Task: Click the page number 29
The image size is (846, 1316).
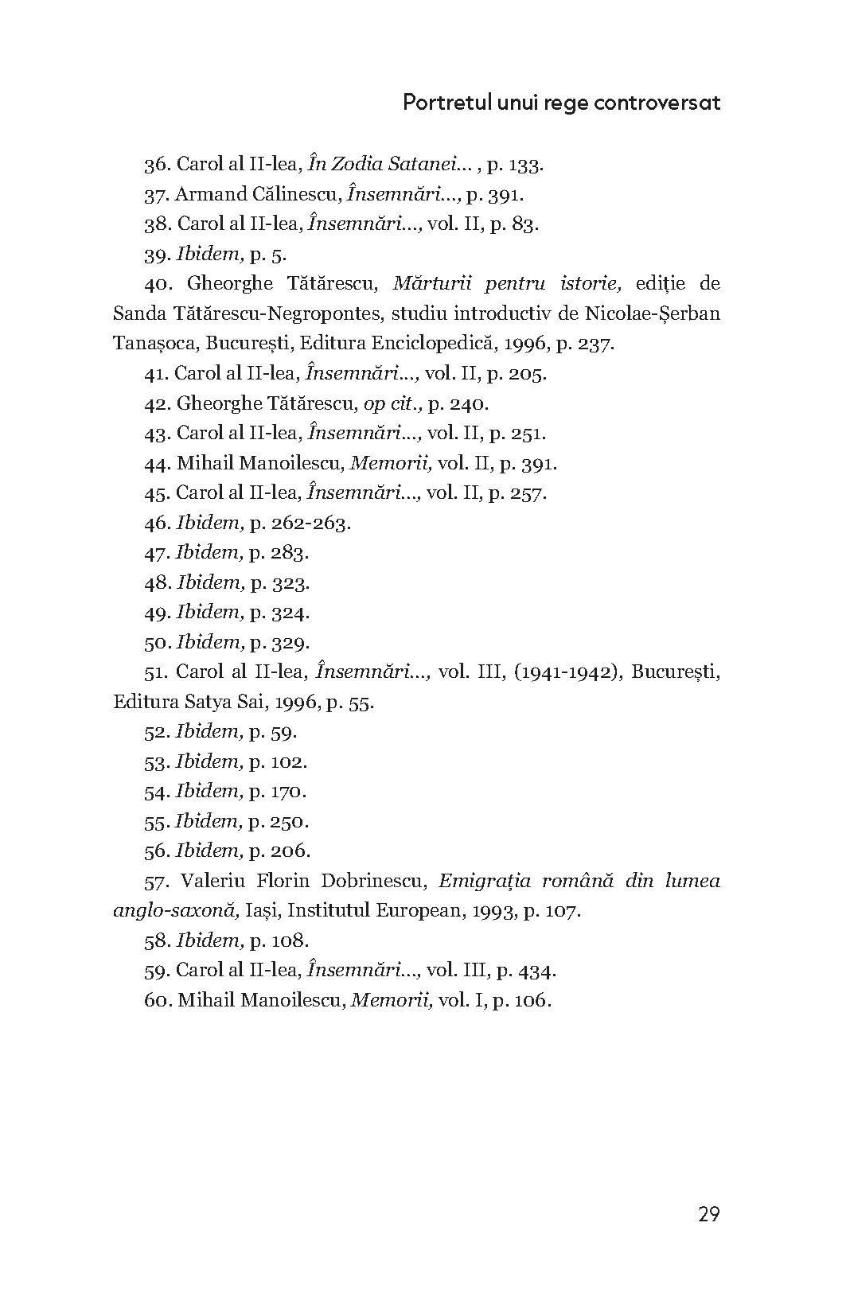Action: (x=708, y=1214)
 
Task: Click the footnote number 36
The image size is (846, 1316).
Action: (x=156, y=165)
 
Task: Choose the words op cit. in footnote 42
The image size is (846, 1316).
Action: (x=391, y=403)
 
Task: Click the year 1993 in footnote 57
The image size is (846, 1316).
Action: (x=493, y=910)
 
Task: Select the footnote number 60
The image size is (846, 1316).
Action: (x=156, y=1000)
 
